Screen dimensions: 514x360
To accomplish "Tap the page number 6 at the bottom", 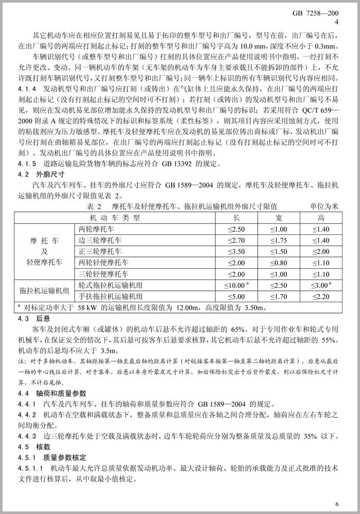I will pyautogui.click(x=337, y=503).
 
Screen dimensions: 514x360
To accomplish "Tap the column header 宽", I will pyautogui.click(x=278, y=217).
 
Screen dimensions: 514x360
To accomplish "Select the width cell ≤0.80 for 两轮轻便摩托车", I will pyautogui.click(x=278, y=263).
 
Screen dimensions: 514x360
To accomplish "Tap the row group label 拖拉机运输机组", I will pyautogui.click(x=45, y=291).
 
